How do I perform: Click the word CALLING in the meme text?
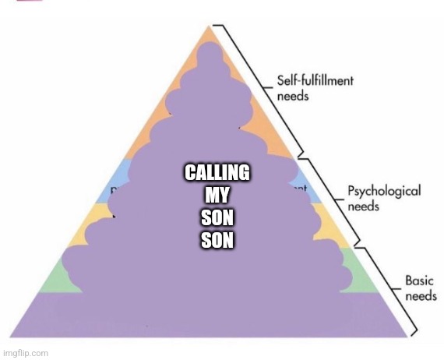point(217,172)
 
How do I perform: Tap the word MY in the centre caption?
point(217,195)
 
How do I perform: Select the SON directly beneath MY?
point(217,217)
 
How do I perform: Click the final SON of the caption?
point(217,240)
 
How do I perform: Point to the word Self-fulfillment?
point(315,80)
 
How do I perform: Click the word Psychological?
point(384,191)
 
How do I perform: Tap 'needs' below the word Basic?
point(421,297)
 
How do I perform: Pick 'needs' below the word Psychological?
point(363,206)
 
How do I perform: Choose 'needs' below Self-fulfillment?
point(293,97)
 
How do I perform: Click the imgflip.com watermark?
point(26,354)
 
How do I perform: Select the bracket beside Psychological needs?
point(333,200)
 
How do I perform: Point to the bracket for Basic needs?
point(390,289)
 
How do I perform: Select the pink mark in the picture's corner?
point(30,1)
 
